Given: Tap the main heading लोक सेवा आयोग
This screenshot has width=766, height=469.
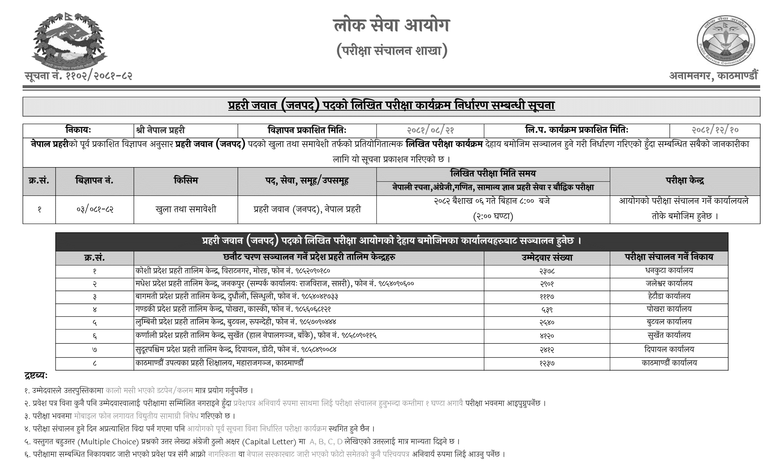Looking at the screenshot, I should [x=391, y=25].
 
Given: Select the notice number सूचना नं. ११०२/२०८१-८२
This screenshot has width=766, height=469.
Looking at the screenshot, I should [x=78, y=76].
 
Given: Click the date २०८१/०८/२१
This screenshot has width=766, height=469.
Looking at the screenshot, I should [x=430, y=130].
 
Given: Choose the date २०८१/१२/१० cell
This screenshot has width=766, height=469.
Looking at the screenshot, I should [x=715, y=130].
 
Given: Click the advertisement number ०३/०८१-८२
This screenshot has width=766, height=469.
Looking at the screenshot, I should [x=95, y=209].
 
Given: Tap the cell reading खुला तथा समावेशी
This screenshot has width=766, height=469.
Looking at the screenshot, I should [x=186, y=209].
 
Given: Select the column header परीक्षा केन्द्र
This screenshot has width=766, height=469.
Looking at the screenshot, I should [x=685, y=181].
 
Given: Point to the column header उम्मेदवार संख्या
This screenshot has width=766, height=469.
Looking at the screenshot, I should [x=547, y=257].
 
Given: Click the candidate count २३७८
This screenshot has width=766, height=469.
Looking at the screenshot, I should [x=547, y=271].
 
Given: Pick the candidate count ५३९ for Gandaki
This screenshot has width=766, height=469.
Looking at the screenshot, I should [x=547, y=310].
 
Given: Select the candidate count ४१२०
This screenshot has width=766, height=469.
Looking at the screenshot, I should [x=547, y=335].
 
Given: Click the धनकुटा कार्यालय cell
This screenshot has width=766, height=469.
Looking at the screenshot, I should [x=669, y=271].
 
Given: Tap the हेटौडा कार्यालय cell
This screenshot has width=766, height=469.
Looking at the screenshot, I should [x=669, y=296].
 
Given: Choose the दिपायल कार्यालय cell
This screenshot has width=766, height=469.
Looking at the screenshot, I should [x=669, y=350].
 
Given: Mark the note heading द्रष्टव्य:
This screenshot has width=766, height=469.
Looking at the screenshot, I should [x=36, y=376].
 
